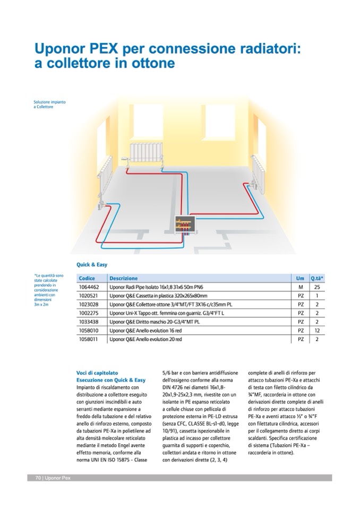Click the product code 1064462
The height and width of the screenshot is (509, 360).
[89, 287]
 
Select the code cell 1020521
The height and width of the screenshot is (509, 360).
[89, 296]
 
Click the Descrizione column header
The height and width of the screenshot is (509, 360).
[124, 278]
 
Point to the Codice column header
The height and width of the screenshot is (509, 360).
[87, 278]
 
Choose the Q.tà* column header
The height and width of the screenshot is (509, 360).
[317, 278]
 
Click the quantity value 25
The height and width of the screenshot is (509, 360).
[316, 287]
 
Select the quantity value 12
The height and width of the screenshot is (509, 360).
[316, 330]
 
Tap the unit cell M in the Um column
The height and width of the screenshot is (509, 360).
[301, 287]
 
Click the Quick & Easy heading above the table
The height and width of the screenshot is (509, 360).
[92, 264]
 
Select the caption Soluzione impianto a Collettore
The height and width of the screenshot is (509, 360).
[49, 103]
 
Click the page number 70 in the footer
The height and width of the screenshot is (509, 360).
[39, 478]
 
